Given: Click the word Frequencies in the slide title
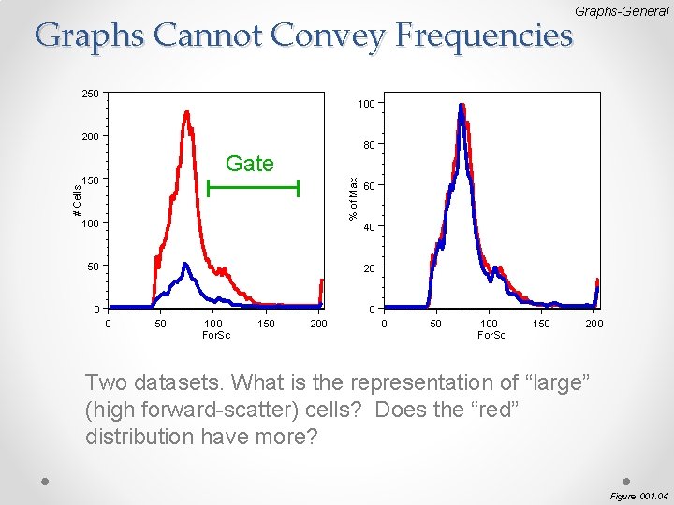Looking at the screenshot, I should coord(484,36).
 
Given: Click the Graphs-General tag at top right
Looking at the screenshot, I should coord(622,11).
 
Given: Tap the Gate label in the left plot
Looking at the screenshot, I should coord(250,164).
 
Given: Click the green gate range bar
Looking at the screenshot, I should coord(253,189).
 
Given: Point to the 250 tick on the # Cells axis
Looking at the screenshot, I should coord(90,94).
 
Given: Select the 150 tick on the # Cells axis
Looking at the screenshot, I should coord(90,180).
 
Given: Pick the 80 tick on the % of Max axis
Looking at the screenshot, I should coord(370,145).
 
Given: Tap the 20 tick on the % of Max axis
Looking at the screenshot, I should coord(370,268).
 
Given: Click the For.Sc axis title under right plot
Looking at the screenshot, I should coord(491,335).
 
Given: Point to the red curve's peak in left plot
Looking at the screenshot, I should coord(187,114).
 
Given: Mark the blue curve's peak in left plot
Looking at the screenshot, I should coord(185,266).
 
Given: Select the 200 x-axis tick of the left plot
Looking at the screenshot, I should coord(319,324).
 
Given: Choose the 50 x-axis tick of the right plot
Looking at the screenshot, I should coord(435,324).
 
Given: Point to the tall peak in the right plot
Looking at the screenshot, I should coord(462,106).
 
